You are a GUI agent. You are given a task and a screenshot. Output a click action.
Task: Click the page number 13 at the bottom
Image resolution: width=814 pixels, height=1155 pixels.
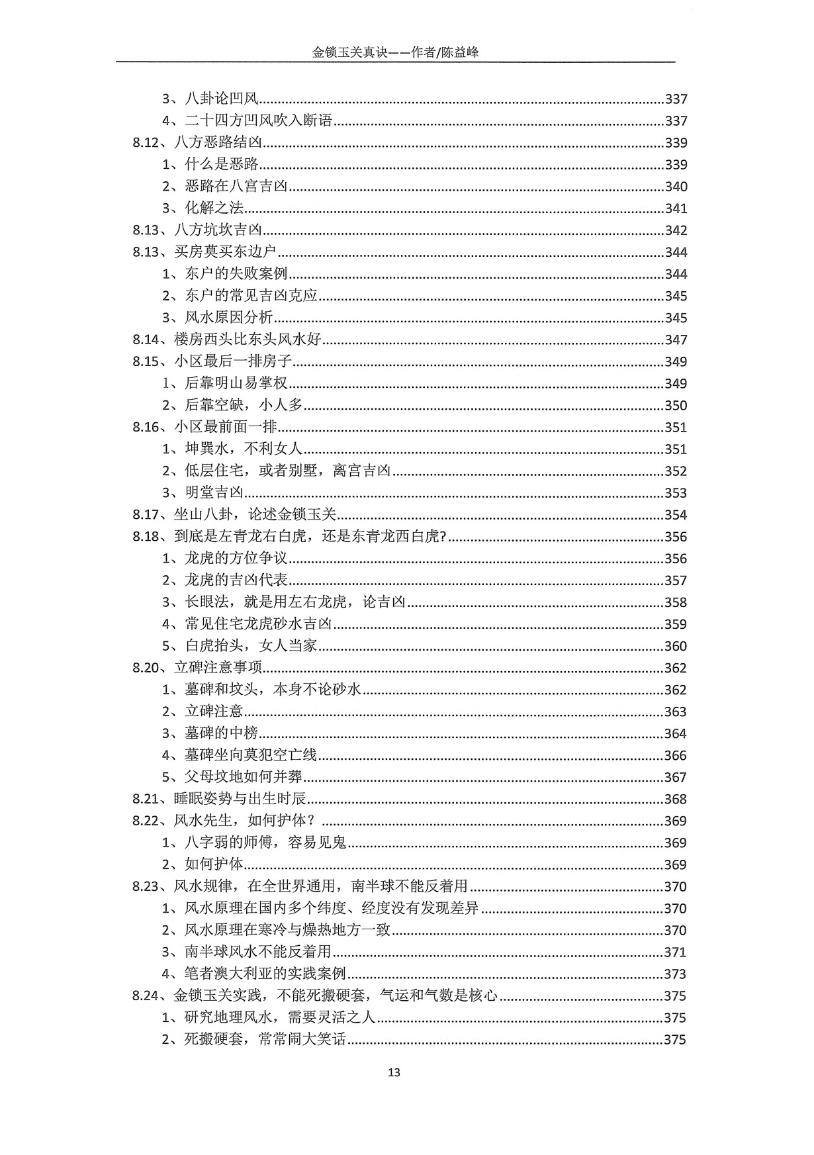(394, 1072)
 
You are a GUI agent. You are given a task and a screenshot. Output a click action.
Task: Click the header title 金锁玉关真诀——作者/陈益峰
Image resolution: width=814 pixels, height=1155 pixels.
(395, 53)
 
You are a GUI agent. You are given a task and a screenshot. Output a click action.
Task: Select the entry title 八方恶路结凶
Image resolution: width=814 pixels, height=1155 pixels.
(218, 143)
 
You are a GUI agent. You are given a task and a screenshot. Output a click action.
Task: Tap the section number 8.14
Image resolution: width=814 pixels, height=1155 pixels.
(146, 340)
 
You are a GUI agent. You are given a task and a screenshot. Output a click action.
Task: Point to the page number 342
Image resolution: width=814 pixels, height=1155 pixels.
(676, 230)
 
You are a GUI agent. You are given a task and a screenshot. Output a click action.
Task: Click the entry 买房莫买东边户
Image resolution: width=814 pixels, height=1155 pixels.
(225, 252)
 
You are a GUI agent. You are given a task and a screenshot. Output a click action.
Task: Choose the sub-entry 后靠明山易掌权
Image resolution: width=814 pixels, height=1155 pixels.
(236, 383)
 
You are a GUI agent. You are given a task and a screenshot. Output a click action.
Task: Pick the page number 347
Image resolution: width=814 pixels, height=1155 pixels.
(676, 340)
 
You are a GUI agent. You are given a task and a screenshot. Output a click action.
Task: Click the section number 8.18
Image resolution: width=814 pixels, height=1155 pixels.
(146, 536)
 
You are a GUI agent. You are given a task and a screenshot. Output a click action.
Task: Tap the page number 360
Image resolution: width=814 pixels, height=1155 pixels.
(676, 645)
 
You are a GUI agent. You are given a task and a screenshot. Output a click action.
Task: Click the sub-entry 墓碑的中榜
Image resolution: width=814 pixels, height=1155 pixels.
(221, 733)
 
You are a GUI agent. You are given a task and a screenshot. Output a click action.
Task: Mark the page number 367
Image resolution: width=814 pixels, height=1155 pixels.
(676, 776)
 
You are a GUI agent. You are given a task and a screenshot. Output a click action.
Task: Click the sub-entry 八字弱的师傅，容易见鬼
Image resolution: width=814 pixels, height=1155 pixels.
(265, 842)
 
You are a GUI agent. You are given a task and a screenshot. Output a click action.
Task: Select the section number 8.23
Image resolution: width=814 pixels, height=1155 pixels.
(146, 886)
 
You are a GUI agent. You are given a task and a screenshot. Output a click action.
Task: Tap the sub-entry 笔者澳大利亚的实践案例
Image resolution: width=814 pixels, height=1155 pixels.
(265, 973)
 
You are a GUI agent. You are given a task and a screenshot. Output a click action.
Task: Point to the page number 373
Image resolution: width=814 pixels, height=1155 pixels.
(676, 973)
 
